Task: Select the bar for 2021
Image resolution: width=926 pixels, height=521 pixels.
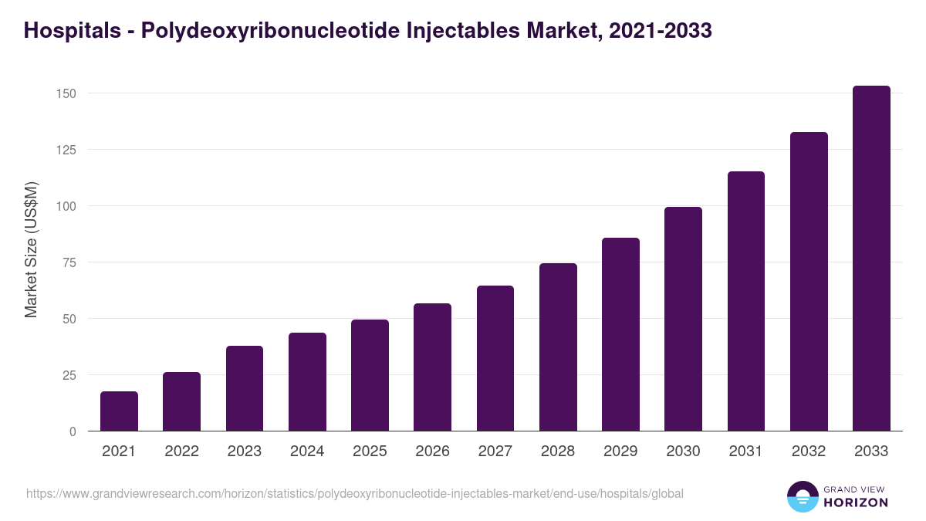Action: click(119, 411)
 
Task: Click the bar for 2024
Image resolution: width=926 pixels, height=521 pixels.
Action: click(307, 382)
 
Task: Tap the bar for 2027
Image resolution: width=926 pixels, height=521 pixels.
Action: click(495, 358)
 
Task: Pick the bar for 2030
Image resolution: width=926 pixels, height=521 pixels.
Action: click(683, 319)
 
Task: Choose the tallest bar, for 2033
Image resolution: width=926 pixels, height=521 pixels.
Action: click(871, 259)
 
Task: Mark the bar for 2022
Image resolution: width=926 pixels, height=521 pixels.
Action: click(181, 401)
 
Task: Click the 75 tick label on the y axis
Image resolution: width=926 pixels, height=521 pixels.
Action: click(69, 262)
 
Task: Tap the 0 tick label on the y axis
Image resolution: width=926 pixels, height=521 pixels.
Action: click(73, 431)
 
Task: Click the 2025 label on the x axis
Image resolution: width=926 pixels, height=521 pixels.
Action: click(370, 452)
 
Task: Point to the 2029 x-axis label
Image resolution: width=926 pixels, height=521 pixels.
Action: click(620, 452)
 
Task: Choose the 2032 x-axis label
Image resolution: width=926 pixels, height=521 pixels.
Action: click(809, 452)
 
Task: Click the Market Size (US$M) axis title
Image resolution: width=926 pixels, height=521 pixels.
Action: click(32, 249)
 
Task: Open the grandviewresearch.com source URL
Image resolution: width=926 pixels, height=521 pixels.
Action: click(354, 493)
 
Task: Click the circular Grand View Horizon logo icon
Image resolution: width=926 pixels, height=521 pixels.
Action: click(802, 496)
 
